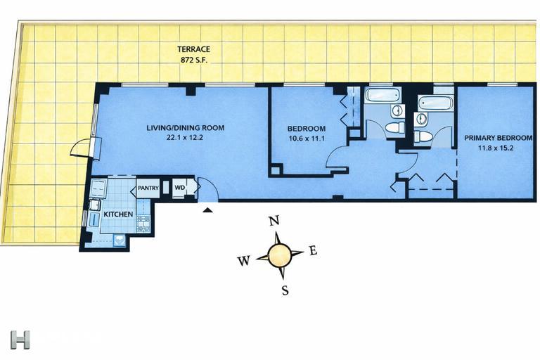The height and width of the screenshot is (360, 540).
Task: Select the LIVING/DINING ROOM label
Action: [185, 128]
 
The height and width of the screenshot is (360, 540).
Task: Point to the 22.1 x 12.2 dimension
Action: [185, 138]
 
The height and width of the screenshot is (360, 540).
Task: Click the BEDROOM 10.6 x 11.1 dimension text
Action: [307, 139]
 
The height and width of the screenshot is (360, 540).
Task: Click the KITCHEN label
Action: [119, 213]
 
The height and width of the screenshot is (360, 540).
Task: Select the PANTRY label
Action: [148, 188]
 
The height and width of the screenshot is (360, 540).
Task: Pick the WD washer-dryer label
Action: [179, 188]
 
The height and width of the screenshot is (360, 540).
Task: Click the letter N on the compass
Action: [275, 221]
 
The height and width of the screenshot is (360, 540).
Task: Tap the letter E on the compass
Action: [313, 250]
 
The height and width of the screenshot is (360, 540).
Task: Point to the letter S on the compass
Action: [285, 290]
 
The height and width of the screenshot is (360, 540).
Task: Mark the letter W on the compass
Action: [243, 261]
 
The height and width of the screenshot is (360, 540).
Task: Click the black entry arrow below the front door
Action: [207, 208]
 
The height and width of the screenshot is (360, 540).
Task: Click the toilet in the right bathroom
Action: [424, 136]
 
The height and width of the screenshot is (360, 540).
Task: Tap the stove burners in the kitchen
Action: [143, 224]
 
